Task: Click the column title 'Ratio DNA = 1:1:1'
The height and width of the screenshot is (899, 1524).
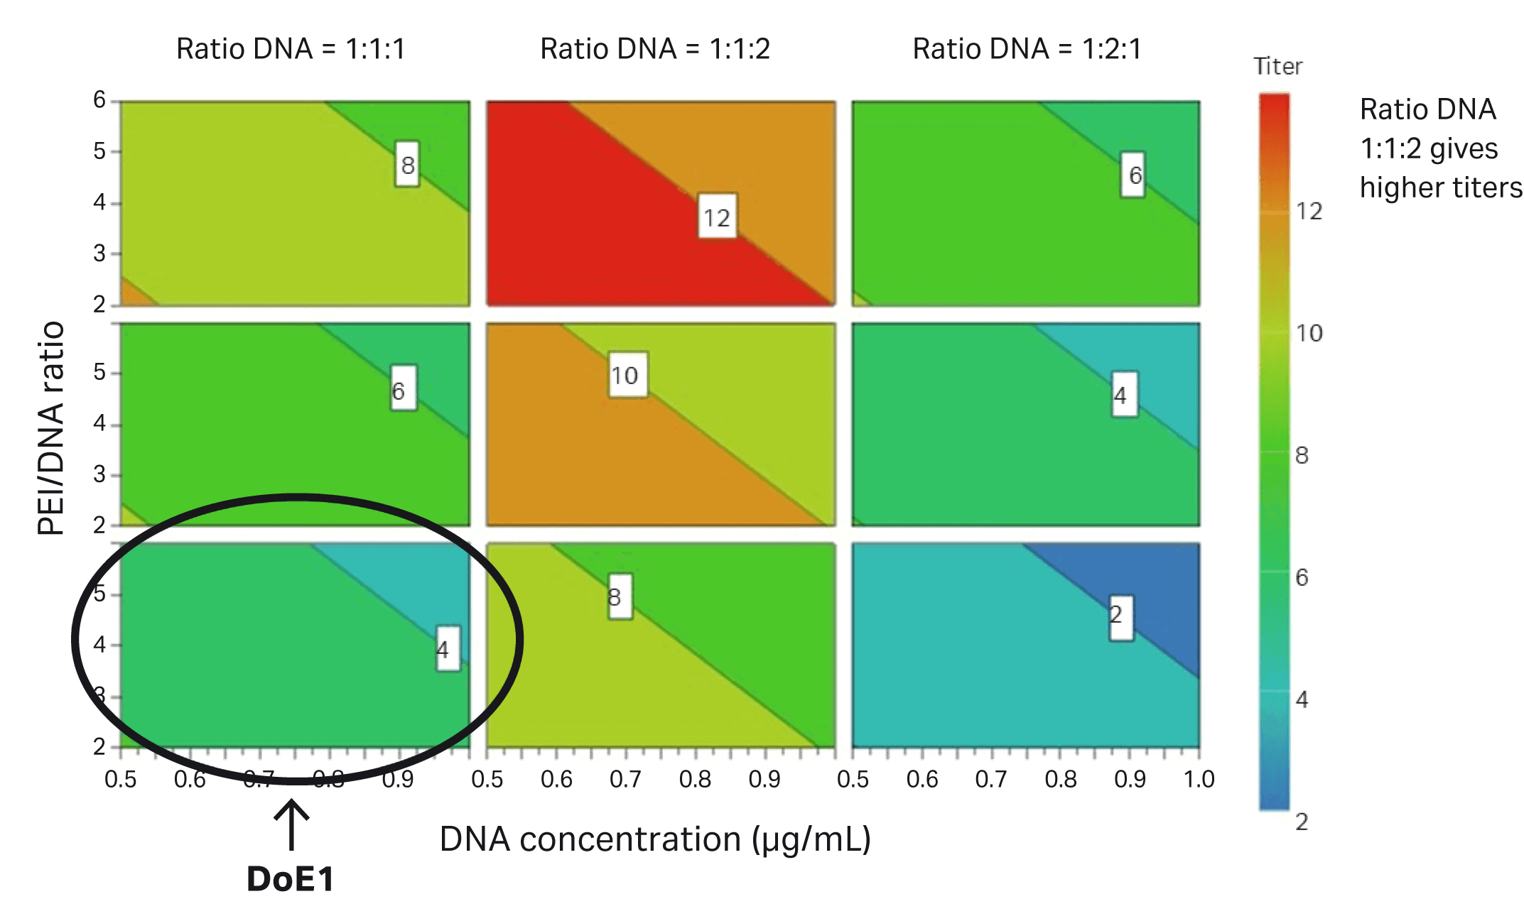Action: (291, 49)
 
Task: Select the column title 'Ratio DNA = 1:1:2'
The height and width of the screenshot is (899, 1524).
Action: (654, 49)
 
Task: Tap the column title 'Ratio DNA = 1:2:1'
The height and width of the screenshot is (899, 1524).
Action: (1027, 49)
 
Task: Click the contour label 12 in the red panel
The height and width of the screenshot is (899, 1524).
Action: (717, 217)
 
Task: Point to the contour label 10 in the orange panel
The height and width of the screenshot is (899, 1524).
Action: (625, 375)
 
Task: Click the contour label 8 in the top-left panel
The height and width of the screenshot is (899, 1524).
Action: (407, 165)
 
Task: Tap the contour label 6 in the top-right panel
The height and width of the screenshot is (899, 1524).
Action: (1134, 175)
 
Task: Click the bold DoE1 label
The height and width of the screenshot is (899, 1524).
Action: (291, 879)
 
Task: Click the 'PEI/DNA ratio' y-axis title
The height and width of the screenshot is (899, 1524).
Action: (51, 427)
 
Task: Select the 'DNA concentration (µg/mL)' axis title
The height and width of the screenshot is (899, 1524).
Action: (654, 839)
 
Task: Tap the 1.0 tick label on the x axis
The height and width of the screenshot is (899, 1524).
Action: (1199, 780)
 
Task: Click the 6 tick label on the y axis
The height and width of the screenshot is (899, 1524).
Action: (99, 100)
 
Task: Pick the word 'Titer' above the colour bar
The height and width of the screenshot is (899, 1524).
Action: (1277, 67)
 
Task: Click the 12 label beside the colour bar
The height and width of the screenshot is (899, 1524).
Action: (1309, 211)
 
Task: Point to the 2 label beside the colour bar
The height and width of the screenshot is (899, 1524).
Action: (1302, 822)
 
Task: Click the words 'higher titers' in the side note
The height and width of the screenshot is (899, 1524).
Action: (1440, 187)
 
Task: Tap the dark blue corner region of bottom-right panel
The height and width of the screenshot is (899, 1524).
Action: (1165, 589)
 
